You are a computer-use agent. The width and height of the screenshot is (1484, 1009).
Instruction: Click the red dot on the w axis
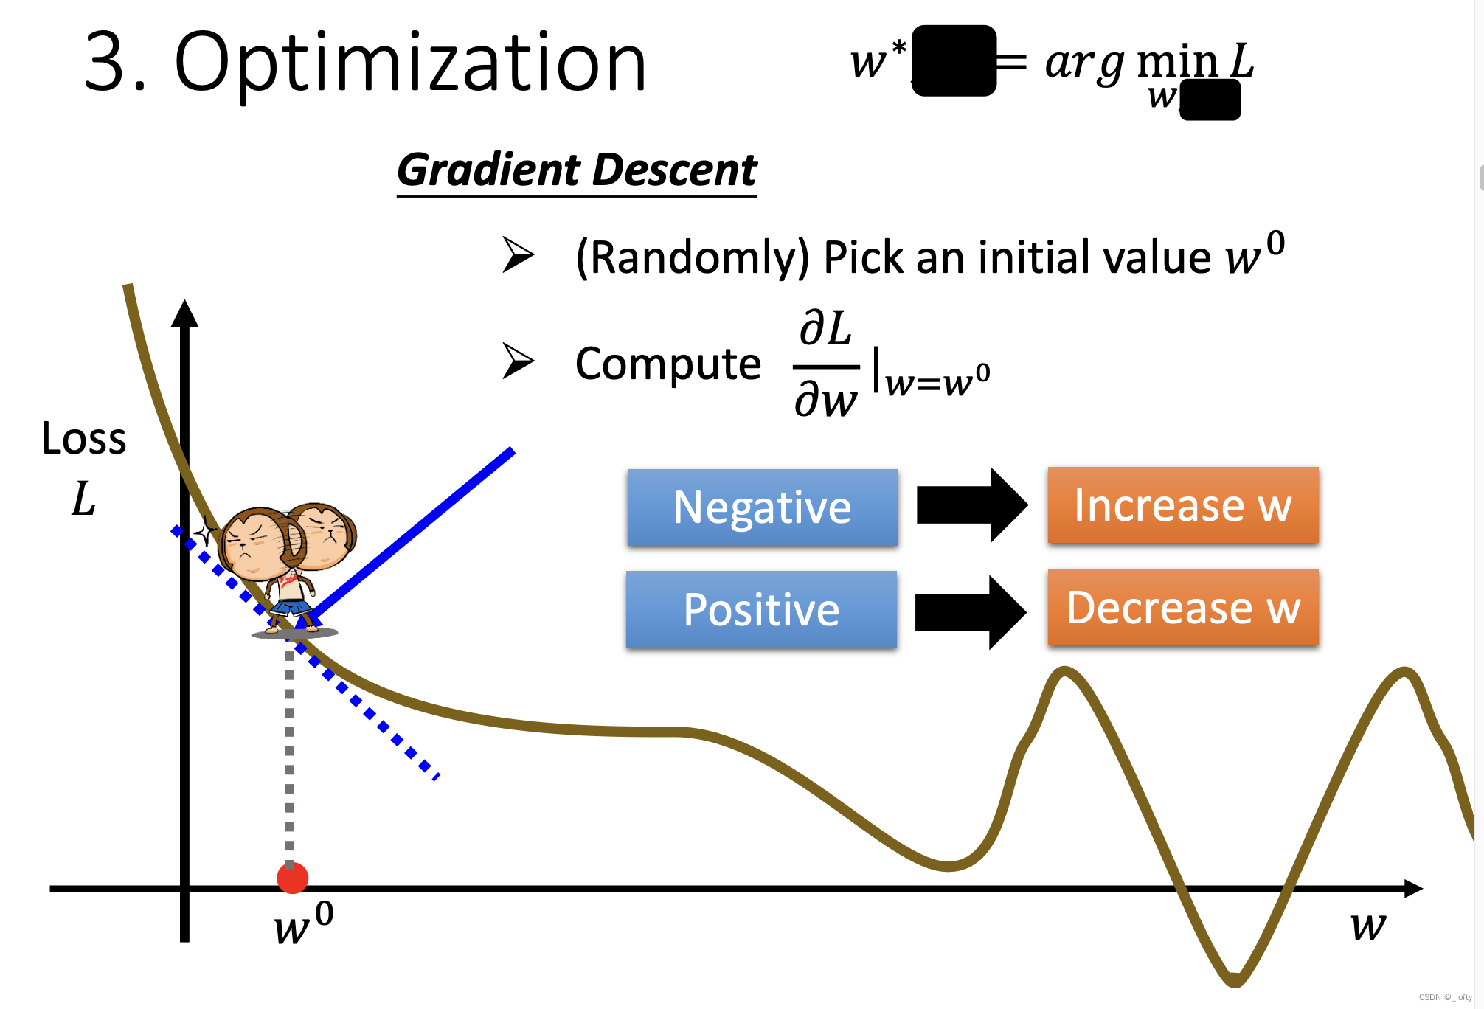click(292, 878)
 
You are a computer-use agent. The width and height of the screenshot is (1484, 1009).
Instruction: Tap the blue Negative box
click(763, 507)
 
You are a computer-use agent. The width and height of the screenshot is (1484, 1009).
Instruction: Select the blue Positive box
click(761, 609)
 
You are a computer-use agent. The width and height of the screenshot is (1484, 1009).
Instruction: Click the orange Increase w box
click(1182, 505)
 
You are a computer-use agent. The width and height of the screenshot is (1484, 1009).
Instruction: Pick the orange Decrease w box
click(1182, 608)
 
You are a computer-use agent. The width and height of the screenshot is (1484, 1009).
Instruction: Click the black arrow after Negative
click(971, 505)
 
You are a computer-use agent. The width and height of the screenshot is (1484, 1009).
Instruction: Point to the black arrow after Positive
click(970, 612)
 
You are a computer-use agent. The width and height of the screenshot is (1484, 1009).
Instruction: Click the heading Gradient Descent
click(577, 170)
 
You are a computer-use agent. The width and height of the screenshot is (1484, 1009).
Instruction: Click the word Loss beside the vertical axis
click(83, 438)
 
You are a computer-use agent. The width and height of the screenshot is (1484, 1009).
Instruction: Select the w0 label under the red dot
click(302, 924)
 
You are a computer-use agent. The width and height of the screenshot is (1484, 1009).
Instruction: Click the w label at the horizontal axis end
click(1368, 925)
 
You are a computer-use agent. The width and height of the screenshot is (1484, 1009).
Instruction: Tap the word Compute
click(668, 364)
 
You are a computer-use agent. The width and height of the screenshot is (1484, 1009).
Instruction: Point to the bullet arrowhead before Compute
click(518, 361)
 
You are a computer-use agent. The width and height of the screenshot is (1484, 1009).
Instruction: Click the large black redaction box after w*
click(954, 60)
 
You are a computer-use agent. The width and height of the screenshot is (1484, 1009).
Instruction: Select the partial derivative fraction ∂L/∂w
click(826, 365)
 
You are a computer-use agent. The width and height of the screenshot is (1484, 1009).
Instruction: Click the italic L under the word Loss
click(83, 499)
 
